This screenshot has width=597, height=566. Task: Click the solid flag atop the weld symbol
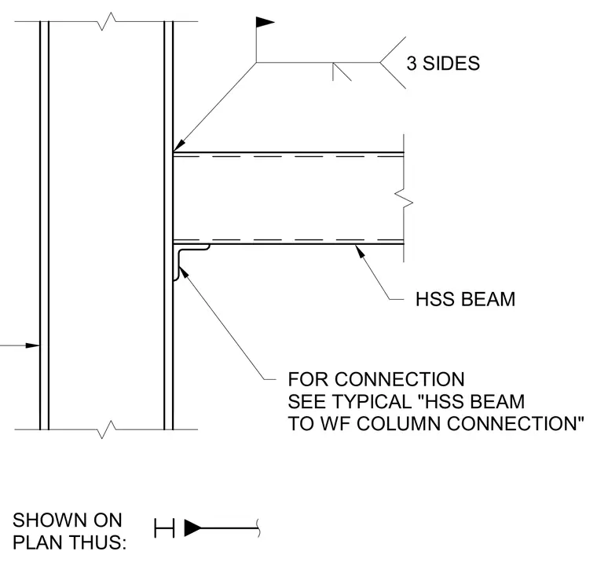(264, 23)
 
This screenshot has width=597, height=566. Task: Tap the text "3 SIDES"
(443, 63)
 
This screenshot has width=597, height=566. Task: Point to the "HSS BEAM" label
(465, 299)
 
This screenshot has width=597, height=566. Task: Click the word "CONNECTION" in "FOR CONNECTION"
(399, 379)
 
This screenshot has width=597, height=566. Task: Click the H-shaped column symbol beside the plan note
(164, 528)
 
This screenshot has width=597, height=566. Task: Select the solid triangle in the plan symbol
(193, 528)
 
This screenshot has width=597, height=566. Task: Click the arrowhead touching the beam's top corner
(179, 147)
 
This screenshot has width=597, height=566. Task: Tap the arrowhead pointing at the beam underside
(360, 251)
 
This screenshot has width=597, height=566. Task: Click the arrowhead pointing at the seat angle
(183, 272)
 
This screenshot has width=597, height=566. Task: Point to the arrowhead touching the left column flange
(32, 345)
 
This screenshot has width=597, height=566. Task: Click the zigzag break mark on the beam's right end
(404, 198)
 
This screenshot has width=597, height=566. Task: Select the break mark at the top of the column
(107, 21)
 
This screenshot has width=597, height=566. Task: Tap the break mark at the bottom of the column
(107, 430)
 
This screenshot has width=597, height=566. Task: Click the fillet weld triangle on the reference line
(340, 71)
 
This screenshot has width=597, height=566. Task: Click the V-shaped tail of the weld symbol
(393, 62)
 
